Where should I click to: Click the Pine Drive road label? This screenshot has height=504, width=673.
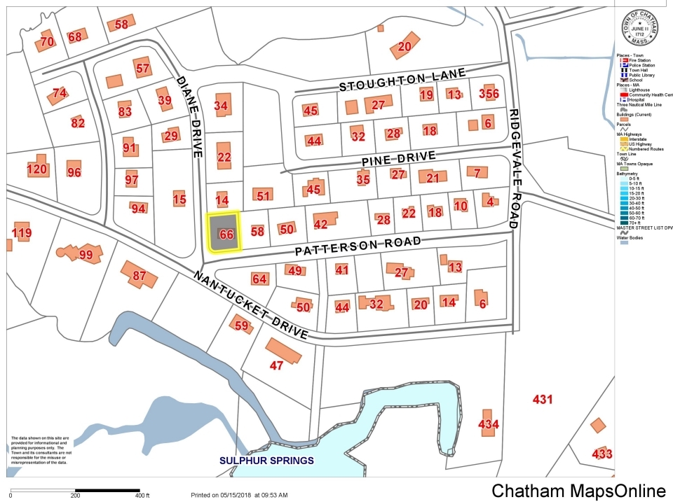tap(399, 159)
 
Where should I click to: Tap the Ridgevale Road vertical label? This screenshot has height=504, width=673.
tap(514, 169)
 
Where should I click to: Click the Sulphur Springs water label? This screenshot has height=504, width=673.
tap(266, 461)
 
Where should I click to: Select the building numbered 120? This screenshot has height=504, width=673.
tap(36, 169)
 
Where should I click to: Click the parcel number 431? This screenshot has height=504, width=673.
tap(543, 400)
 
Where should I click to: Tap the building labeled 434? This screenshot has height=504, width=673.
tap(488, 423)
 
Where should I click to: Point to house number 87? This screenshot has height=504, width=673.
tap(139, 276)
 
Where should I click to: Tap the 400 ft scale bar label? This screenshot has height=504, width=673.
tap(142, 495)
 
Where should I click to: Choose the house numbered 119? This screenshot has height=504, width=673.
tap(22, 232)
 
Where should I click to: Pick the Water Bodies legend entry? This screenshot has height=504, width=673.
tap(629, 237)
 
